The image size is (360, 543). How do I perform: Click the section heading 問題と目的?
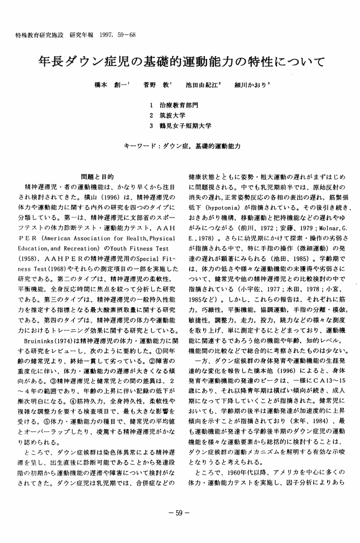pyautogui.click(x=96, y=176)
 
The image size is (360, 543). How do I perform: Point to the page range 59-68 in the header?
pyautogui.click(x=130, y=35)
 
